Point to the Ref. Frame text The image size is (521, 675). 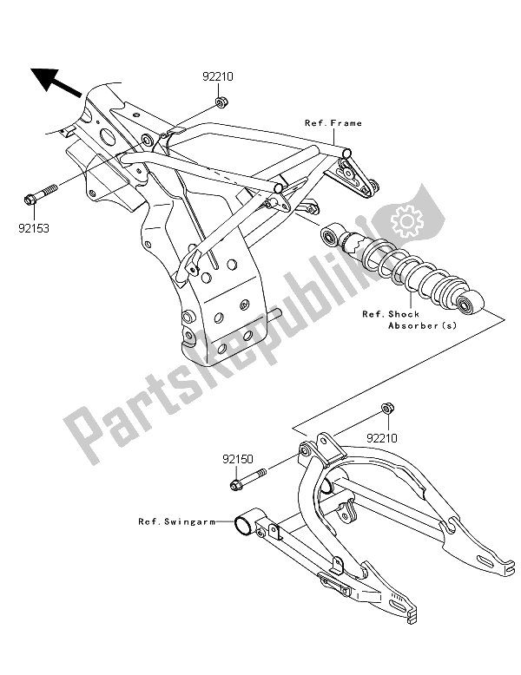pos(333,123)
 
